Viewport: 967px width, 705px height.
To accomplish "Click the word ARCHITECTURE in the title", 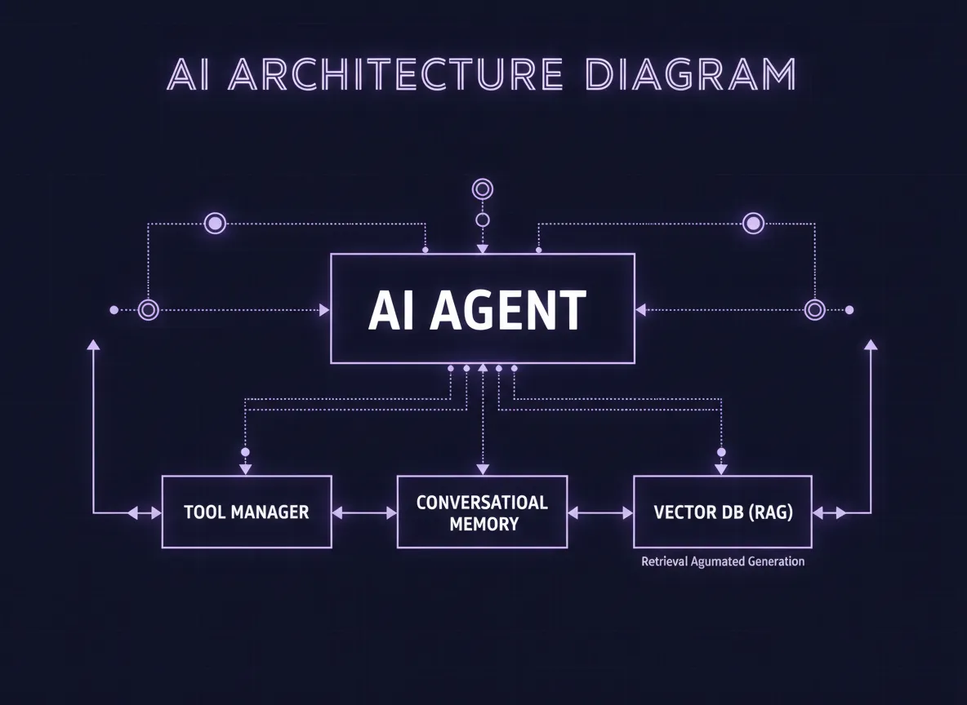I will pos(399,74).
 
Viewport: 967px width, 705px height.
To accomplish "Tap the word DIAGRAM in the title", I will pos(691,74).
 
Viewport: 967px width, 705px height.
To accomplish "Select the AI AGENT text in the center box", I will pos(477,310).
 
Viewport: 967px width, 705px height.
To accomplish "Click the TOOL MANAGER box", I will pos(247,512).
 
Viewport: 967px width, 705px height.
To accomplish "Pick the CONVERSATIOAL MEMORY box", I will pos(482,512).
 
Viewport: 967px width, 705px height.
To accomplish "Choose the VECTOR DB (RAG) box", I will pos(723,512).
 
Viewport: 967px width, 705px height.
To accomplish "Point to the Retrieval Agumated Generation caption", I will pos(723,561).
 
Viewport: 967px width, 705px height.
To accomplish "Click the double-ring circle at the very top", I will pos(483,189).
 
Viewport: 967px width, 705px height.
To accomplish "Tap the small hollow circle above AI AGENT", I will pos(483,220).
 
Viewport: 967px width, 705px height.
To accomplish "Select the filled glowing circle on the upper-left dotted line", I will pos(215,223).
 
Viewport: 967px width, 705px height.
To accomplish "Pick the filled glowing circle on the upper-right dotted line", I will pos(753,223).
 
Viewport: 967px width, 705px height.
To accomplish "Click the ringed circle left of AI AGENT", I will pos(148,310).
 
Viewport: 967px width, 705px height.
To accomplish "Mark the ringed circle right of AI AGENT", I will pos(814,310).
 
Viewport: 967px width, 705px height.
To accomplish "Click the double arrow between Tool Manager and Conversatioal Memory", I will pos(364,513).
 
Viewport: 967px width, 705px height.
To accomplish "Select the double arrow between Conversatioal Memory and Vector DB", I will pos(600,513).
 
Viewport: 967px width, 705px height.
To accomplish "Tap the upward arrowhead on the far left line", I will pos(93,345).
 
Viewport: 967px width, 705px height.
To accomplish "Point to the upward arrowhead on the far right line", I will pos(871,345).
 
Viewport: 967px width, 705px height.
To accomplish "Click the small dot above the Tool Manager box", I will pos(245,451).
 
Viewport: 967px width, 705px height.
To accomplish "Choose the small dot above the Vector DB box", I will pos(720,451).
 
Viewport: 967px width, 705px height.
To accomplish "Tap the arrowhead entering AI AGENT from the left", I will pos(324,310).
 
